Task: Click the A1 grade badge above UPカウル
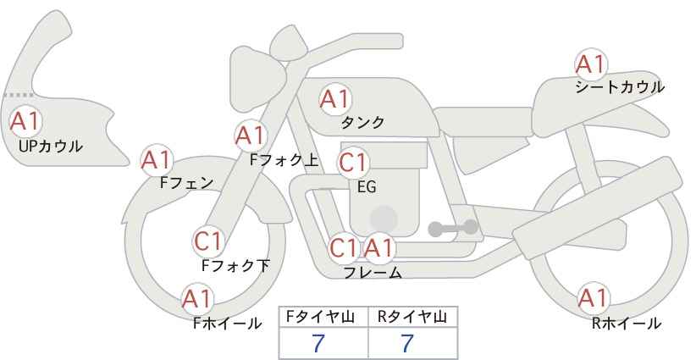25,121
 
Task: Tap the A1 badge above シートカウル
591,64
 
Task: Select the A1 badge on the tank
335,99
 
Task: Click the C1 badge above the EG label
353,163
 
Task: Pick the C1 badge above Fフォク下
208,241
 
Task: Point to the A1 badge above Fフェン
157,160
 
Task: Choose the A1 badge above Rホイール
593,298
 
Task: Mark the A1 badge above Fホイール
197,299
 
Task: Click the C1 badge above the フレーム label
344,248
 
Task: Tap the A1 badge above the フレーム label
378,248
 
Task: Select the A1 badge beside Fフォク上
251,136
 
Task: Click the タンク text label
362,123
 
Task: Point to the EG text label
367,187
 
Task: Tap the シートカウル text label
620,87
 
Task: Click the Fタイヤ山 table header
320,317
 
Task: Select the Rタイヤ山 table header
412,317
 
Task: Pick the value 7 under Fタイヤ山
318,343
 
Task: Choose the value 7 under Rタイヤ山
407,343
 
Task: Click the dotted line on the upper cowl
18,95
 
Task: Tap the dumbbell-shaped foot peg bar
453,228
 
